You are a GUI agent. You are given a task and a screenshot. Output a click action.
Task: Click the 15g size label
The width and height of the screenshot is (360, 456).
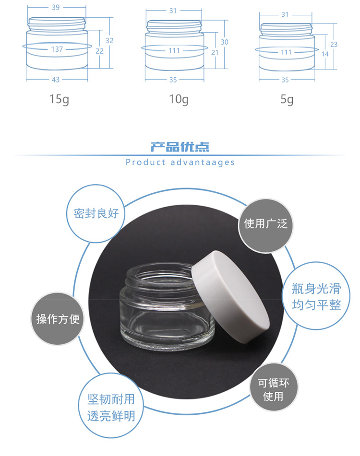(x=59, y=99)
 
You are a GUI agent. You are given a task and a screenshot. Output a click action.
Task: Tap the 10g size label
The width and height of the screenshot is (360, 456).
(x=179, y=99)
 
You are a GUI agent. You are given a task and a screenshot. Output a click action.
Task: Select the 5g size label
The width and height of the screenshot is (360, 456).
(x=287, y=99)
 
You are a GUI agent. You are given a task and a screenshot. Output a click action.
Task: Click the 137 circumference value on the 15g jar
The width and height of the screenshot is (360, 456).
(x=57, y=49)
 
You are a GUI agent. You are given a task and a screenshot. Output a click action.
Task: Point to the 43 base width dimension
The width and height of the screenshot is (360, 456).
(x=56, y=80)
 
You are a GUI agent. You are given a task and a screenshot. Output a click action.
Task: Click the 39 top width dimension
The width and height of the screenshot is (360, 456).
(x=56, y=7)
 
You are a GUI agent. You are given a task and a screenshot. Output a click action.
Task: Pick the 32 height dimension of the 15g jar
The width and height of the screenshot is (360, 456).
(x=109, y=40)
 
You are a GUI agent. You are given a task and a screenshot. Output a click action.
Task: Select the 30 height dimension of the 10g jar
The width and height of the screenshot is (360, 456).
(x=224, y=42)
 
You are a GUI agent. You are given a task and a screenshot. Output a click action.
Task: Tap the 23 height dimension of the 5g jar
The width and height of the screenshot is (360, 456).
(x=334, y=44)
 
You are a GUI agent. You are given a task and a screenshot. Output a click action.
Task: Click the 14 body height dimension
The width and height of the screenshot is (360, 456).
(x=325, y=54)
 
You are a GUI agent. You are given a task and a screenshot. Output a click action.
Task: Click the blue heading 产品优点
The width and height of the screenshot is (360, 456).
(x=180, y=147)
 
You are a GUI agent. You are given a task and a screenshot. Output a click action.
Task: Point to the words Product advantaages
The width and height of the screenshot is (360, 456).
(x=180, y=162)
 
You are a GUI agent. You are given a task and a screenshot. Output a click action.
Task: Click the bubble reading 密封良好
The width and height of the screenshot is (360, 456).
(x=96, y=213)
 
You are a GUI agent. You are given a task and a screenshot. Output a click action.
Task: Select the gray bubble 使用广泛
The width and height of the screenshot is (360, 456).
(x=265, y=224)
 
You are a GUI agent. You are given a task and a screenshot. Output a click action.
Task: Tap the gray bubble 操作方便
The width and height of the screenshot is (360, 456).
(x=58, y=319)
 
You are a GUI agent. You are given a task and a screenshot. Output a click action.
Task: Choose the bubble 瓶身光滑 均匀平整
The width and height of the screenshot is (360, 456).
(x=316, y=296)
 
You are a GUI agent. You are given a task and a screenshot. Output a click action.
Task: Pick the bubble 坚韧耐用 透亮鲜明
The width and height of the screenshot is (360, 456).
(x=111, y=406)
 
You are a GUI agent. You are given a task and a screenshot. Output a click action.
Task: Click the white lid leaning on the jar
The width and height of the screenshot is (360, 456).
(x=230, y=297)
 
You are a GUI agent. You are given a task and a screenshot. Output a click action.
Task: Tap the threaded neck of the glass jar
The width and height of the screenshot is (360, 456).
(x=160, y=276)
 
